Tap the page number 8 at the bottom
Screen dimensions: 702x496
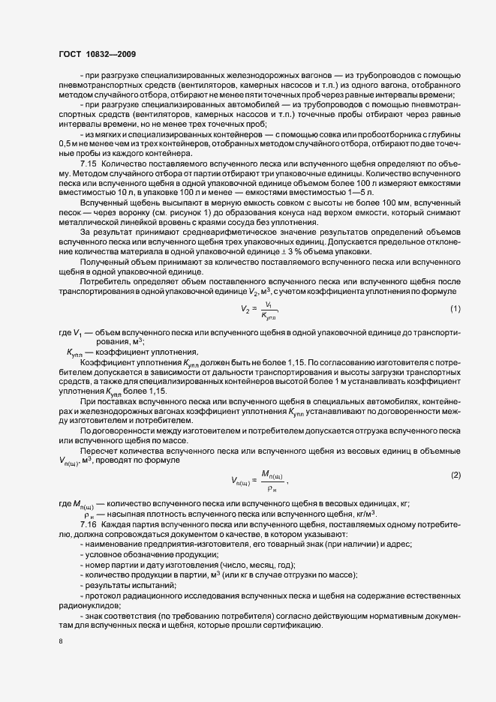pyautogui.click(x=60, y=643)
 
